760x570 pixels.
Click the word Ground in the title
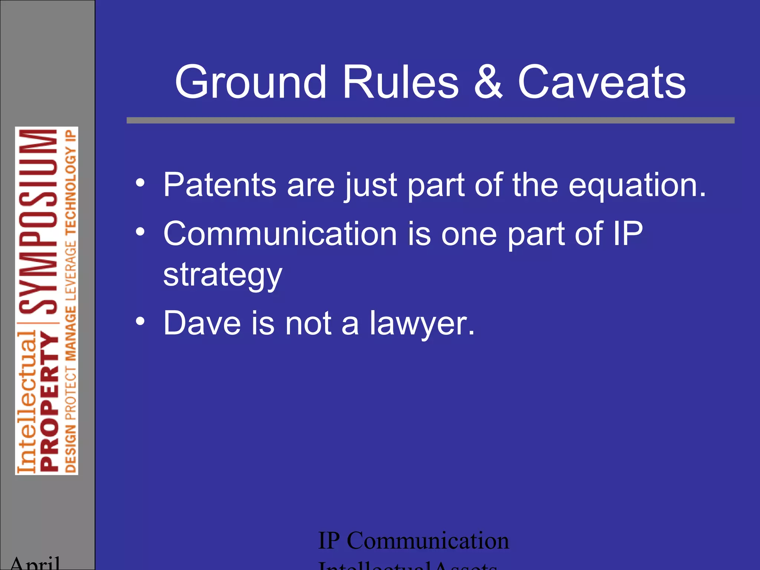[x=250, y=82]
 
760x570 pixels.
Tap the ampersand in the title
[x=488, y=82]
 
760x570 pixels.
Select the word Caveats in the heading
[x=602, y=82]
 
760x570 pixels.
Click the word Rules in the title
[x=401, y=82]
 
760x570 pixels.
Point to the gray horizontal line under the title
[x=430, y=120]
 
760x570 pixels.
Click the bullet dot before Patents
[x=140, y=183]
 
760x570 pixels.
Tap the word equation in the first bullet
[x=637, y=186]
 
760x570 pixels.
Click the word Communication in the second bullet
[x=280, y=234]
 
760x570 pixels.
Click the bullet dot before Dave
[x=140, y=321]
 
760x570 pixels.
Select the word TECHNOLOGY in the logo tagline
[x=71, y=193]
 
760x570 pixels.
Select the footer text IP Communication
[x=413, y=541]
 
